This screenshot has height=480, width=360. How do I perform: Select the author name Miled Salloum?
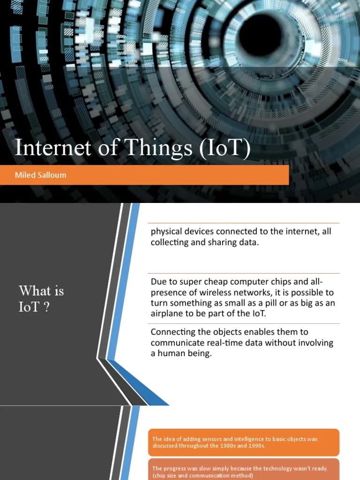coord(41,175)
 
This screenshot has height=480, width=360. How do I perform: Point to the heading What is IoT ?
coord(41,298)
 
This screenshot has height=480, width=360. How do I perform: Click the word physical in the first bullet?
coord(166,232)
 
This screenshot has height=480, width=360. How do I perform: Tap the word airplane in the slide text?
coord(167,314)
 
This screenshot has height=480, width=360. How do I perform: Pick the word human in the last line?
coord(171,353)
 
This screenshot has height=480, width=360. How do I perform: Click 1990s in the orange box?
coord(255,446)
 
